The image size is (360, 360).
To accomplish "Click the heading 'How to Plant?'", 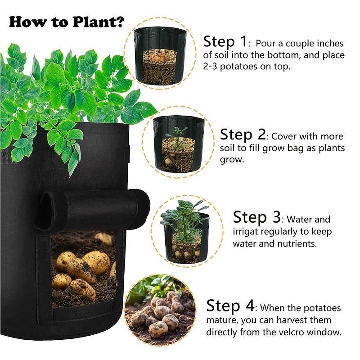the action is (67, 22).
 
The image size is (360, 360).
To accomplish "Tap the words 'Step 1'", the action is (225, 42).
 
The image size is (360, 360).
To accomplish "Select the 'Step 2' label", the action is (243, 135).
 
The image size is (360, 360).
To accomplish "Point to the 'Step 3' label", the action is (256, 217).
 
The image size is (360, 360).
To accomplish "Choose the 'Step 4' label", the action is (230, 306).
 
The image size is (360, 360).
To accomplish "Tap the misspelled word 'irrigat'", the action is (245, 232).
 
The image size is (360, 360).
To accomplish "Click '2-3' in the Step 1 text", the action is (210, 67).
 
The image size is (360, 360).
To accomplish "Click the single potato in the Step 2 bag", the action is (169, 163).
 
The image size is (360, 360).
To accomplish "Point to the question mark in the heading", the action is (120, 22).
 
